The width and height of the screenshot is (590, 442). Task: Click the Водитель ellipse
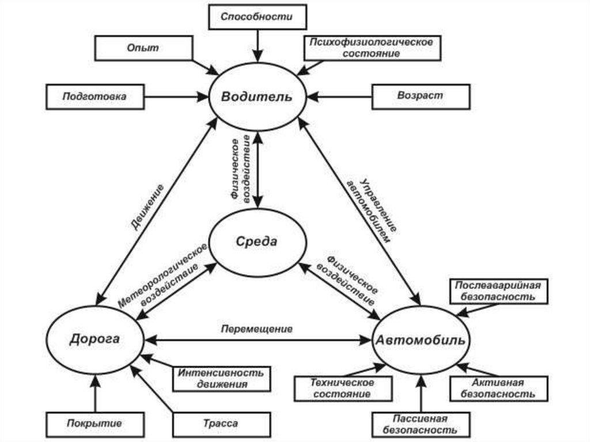[256, 96]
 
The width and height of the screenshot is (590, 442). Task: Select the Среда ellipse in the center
[256, 241]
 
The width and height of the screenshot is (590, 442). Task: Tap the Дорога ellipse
[94, 339]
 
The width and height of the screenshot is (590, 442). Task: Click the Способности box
[256, 17]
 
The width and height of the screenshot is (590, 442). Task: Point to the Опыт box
[143, 48]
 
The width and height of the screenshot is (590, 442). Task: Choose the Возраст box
[420, 96]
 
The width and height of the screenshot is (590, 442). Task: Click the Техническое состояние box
[342, 388]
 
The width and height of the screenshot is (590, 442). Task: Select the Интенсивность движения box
[221, 378]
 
